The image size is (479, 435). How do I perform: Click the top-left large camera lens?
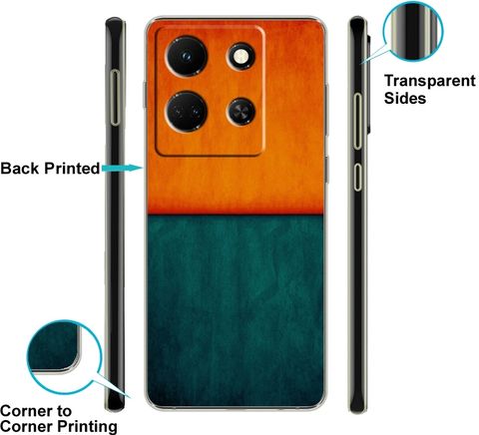[187, 56]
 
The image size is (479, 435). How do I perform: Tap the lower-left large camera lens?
[187, 112]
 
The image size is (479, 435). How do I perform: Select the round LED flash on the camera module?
[240, 57]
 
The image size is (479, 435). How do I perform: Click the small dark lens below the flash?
[240, 112]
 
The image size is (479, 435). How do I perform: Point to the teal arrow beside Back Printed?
[122, 168]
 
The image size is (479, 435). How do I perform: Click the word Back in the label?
[20, 169]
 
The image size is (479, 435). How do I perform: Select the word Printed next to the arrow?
[72, 169]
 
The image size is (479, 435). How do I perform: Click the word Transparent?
[430, 81]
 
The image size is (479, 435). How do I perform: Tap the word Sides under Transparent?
[405, 99]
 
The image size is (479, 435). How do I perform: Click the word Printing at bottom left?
[87, 426]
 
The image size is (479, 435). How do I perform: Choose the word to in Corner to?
[64, 411]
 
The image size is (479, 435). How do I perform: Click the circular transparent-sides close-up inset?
[413, 32]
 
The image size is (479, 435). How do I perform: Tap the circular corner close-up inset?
[64, 357]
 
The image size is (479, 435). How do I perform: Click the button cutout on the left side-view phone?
[115, 98]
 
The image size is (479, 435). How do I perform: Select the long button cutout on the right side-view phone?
[357, 121]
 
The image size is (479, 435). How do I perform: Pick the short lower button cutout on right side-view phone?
[357, 177]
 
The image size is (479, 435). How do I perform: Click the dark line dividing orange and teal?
[236, 214]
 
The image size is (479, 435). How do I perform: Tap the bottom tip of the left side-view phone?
[115, 410]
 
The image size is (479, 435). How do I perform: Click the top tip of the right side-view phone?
[356, 17]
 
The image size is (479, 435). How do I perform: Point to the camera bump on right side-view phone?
[368, 84]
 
